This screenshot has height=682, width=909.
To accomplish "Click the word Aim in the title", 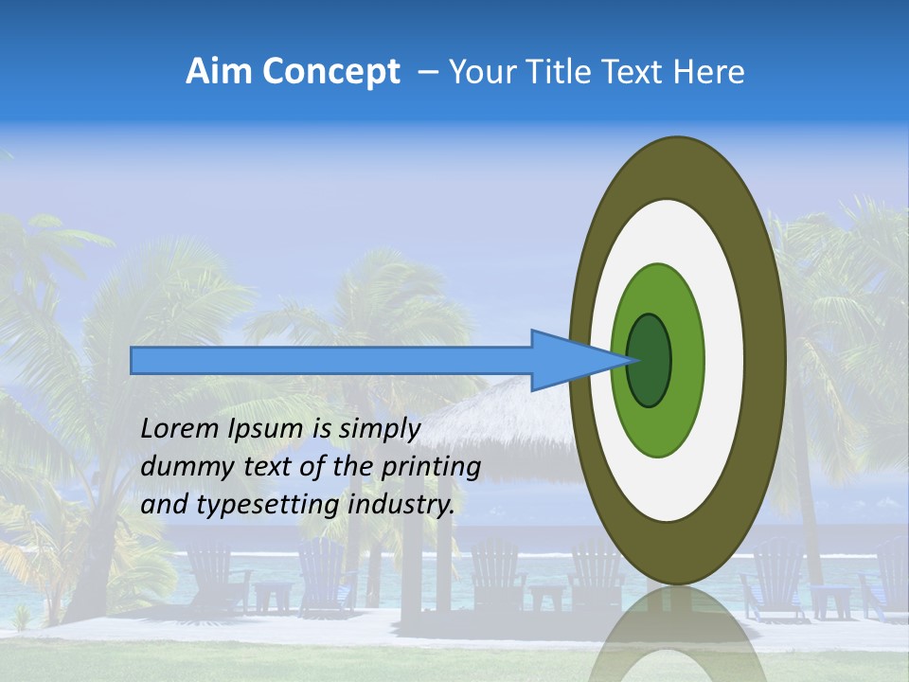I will [x=216, y=72].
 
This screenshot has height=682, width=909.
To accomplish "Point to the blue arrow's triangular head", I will [x=568, y=360].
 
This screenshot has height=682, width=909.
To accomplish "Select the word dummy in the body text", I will [x=181, y=467].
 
